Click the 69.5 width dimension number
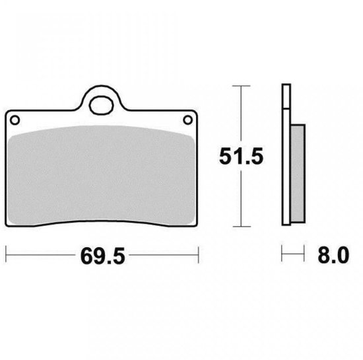pyautogui.click(x=102, y=256)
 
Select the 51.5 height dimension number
pyautogui.click(x=241, y=157)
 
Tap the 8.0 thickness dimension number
pyautogui.click(x=333, y=255)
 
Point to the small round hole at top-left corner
pyautogui.click(x=15, y=120)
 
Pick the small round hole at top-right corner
pyautogui.click(x=187, y=120)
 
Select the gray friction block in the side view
pyautogui.click(x=298, y=174)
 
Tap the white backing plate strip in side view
pyautogui.click(x=286, y=166)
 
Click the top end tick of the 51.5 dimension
pyautogui.click(x=241, y=86)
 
